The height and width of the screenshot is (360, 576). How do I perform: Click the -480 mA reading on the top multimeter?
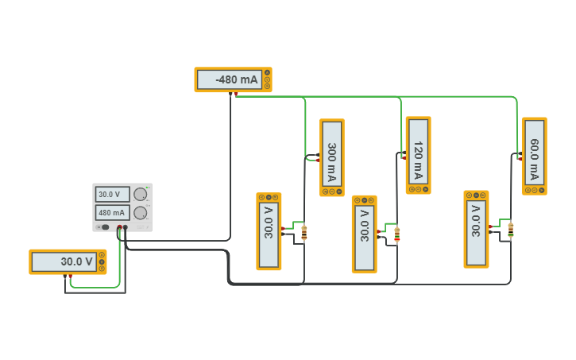point(237,79)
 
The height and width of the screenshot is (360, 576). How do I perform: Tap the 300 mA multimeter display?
point(332,154)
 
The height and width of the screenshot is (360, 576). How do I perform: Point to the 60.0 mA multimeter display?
point(535,153)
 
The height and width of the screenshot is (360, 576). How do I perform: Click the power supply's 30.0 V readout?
point(112,195)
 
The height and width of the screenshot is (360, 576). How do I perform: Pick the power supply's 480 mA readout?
point(112,213)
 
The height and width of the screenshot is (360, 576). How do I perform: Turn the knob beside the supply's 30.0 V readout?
point(140,195)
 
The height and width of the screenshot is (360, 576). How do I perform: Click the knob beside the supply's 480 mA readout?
point(140,213)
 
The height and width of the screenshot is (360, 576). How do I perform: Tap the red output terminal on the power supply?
point(120,227)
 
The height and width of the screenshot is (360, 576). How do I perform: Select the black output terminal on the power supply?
point(126,227)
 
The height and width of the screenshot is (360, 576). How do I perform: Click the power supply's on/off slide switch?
point(104,227)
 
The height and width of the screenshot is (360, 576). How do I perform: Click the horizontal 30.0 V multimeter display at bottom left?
point(64,261)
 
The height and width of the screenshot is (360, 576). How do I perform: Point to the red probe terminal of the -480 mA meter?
point(236,94)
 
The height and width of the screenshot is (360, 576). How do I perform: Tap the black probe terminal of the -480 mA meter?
point(230,94)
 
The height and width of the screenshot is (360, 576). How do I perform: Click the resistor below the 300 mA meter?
point(304,233)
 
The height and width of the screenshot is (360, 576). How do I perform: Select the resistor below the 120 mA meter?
point(397,234)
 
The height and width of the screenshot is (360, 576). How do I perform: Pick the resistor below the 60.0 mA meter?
point(511,230)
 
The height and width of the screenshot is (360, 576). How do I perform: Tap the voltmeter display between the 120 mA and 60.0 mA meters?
point(476,230)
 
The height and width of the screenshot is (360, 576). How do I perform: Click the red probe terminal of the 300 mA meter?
point(317,161)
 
